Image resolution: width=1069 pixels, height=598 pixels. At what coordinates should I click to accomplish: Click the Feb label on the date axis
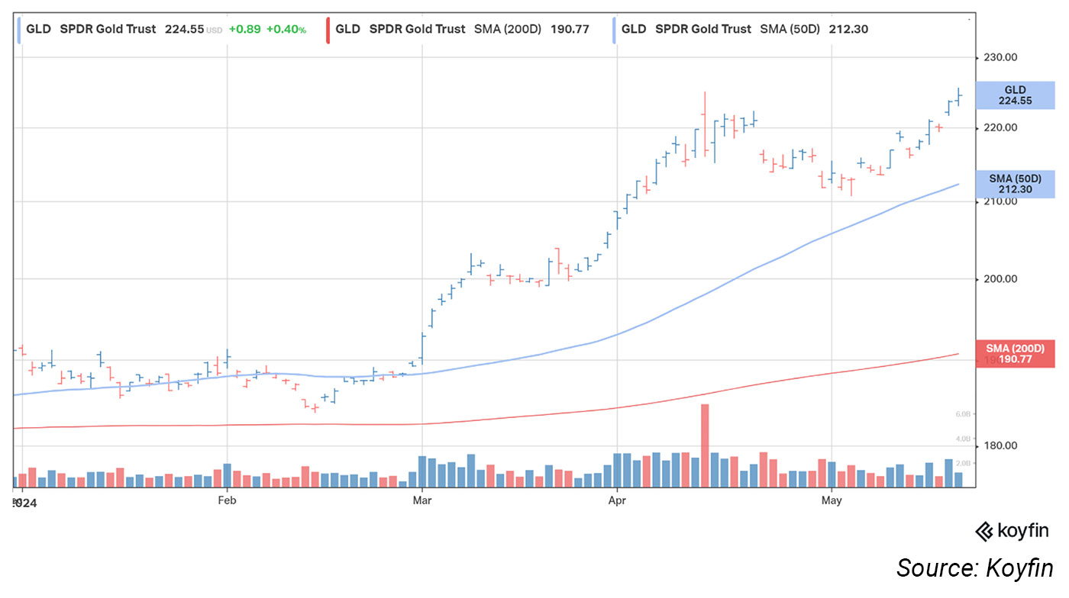pyautogui.click(x=227, y=500)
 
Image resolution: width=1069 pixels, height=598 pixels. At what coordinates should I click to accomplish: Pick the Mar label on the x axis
pyautogui.click(x=421, y=500)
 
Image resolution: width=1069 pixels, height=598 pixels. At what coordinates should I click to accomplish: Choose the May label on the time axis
pyautogui.click(x=832, y=500)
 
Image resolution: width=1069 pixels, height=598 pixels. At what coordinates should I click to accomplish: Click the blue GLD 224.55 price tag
pyautogui.click(x=1015, y=95)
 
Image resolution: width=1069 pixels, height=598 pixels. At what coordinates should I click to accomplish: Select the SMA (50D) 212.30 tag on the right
pyautogui.click(x=1015, y=184)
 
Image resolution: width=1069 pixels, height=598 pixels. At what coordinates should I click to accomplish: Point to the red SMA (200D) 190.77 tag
pyautogui.click(x=1015, y=353)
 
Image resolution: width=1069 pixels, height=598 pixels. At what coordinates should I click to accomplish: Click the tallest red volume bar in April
pyautogui.click(x=705, y=445)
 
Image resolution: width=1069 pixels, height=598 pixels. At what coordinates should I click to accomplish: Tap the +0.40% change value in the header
pyautogui.click(x=286, y=30)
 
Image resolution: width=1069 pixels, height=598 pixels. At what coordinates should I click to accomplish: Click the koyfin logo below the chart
pyautogui.click(x=1012, y=531)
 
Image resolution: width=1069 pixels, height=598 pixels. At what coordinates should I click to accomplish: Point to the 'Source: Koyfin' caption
pyautogui.click(x=974, y=568)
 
